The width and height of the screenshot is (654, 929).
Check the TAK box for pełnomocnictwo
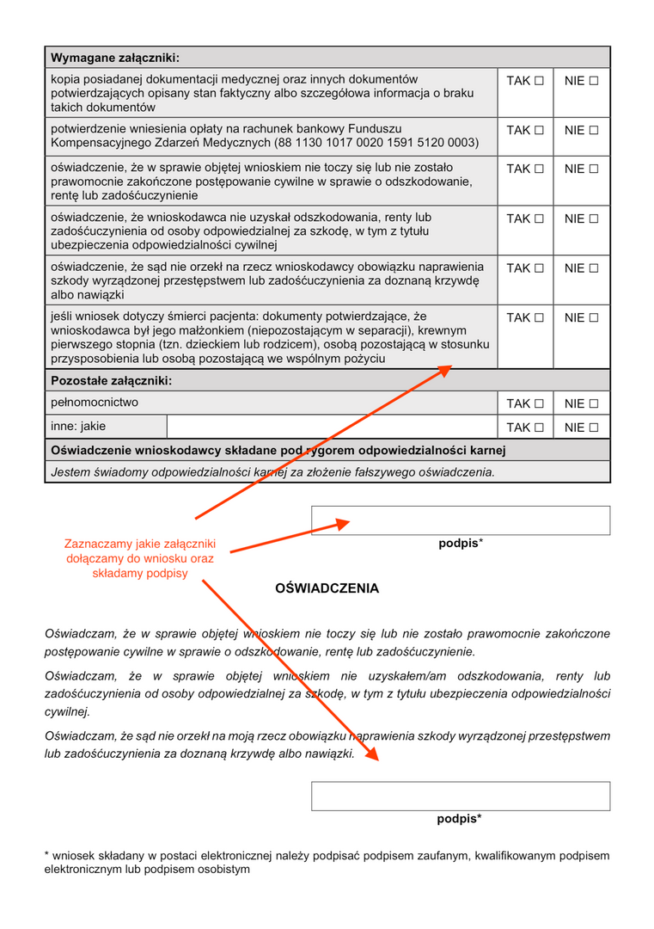click(539, 403)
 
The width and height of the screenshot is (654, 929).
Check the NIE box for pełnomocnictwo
click(593, 403)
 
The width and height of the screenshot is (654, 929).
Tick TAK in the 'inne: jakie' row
click(539, 428)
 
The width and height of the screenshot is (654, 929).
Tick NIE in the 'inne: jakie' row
click(593, 428)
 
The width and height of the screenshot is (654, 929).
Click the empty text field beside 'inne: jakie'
click(332, 427)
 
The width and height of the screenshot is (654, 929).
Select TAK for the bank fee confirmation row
click(539, 131)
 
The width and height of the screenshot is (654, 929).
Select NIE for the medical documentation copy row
click(593, 81)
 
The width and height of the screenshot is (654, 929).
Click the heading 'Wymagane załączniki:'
click(115, 58)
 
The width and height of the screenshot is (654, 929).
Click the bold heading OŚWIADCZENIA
click(327, 588)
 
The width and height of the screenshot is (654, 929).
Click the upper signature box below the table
click(461, 520)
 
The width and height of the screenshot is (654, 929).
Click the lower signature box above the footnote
click(461, 796)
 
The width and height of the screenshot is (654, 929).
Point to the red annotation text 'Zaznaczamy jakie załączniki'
click(140, 544)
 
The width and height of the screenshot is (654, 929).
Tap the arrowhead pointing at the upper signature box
click(345, 523)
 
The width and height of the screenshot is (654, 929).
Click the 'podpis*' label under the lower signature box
click(459, 819)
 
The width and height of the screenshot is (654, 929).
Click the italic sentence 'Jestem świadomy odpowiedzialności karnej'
click(273, 471)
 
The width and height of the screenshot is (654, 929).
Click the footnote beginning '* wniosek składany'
click(327, 862)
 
